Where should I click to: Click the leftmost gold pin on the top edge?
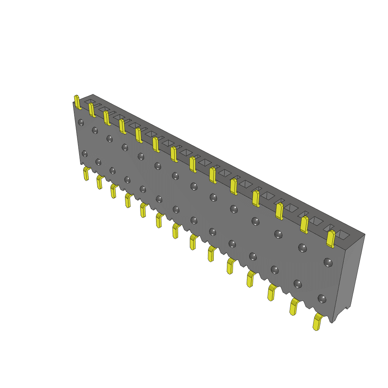(x=77, y=102)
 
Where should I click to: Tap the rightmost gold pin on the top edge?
(x=331, y=239)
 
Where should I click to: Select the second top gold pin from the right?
(x=304, y=224)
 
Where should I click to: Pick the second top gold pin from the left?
(x=91, y=110)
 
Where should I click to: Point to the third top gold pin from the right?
(x=280, y=211)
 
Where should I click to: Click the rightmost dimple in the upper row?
(x=328, y=262)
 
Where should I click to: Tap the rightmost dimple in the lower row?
(x=322, y=299)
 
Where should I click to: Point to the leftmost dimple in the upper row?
(x=81, y=122)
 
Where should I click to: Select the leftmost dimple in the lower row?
(x=84, y=153)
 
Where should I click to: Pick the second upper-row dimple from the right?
(x=302, y=248)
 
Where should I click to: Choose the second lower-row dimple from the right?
(x=298, y=283)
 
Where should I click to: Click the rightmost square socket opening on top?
(x=343, y=235)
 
